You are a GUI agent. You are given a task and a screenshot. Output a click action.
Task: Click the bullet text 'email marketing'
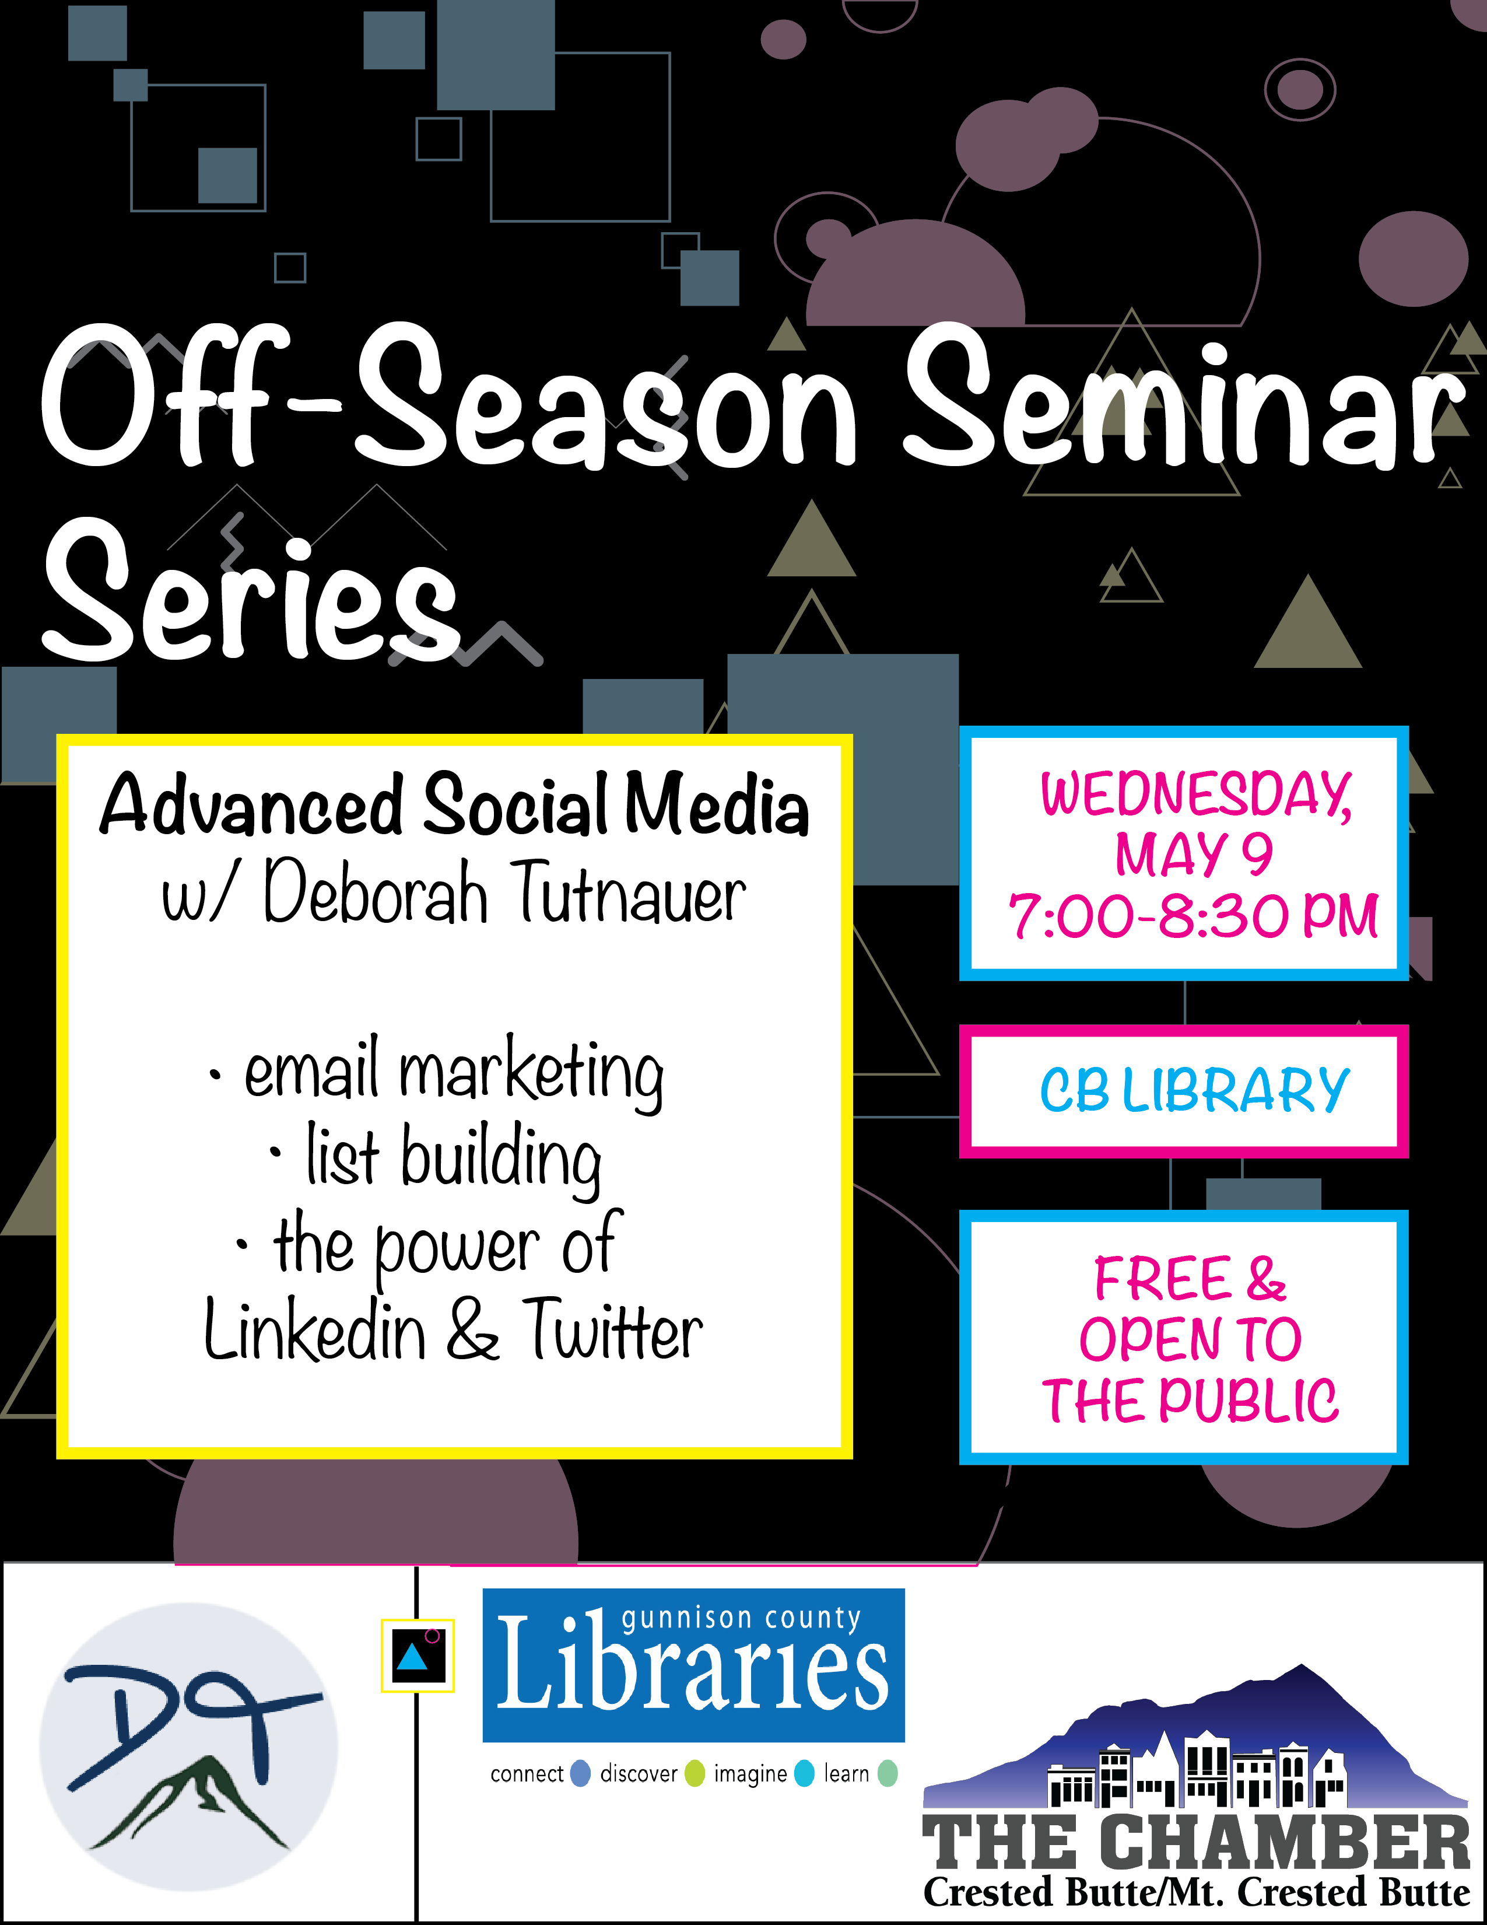(x=454, y=1073)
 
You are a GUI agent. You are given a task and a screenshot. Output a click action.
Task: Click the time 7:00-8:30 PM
(x=1194, y=915)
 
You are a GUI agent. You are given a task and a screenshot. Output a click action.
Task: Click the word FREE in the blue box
(x=1162, y=1278)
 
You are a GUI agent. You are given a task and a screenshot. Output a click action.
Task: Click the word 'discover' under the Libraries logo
(x=639, y=1773)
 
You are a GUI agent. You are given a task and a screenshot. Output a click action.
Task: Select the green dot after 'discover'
(x=695, y=1773)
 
